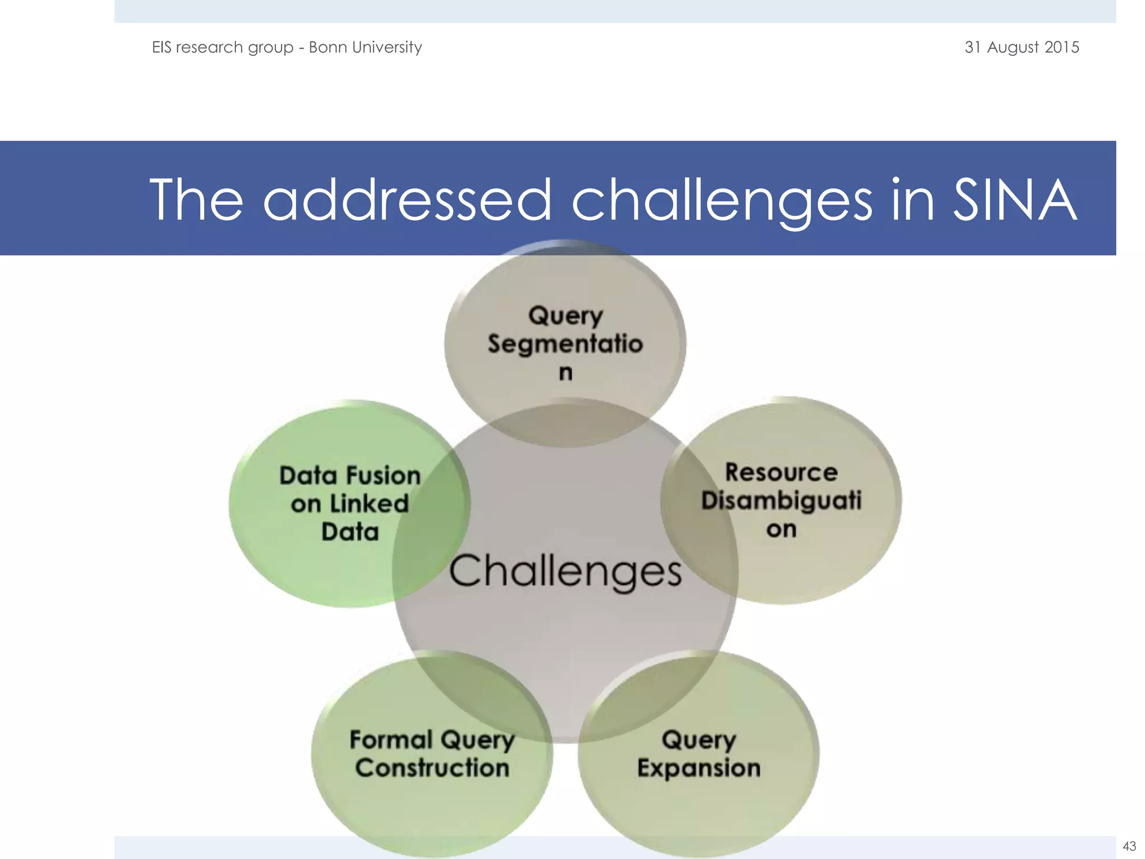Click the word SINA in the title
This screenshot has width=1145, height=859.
(x=1014, y=200)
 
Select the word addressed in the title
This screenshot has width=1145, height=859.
(x=407, y=200)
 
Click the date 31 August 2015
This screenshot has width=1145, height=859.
(x=1021, y=47)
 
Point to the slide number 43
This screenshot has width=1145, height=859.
(x=1129, y=846)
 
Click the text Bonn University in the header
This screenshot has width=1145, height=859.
(x=365, y=47)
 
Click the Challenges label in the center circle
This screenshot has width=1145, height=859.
(x=565, y=572)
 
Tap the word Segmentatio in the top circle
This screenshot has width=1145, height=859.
(x=565, y=343)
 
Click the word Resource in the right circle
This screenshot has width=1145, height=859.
(x=781, y=472)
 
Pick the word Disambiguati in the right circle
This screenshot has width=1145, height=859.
(x=781, y=500)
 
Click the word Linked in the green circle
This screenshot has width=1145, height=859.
(x=369, y=503)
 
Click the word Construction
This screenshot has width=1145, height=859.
(x=432, y=767)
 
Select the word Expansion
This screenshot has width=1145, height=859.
(x=698, y=768)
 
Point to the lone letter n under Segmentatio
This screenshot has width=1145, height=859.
(x=565, y=372)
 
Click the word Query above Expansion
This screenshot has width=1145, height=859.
(x=698, y=739)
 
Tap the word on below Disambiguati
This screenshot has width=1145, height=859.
(x=781, y=529)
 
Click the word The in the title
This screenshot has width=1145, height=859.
(x=196, y=200)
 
